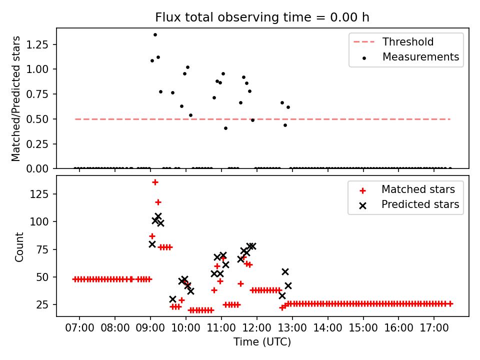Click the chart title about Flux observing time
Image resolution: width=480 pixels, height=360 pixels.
(x=262, y=17)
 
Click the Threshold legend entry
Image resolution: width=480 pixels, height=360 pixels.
(x=408, y=42)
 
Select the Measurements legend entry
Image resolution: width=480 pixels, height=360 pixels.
(x=420, y=57)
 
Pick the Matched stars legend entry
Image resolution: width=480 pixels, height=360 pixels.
(x=418, y=189)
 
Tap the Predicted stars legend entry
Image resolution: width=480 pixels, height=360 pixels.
(x=420, y=204)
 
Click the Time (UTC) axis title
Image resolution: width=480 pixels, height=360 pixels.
(x=262, y=342)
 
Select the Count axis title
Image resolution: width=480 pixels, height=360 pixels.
(x=19, y=246)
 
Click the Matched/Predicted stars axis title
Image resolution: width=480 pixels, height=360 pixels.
(x=16, y=98)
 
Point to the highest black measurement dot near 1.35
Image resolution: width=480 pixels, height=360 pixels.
(x=155, y=34)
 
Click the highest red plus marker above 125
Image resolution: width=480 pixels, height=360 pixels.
(x=155, y=182)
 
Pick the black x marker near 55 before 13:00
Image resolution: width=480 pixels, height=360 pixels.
(x=285, y=271)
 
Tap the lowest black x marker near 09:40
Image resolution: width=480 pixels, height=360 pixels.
(x=173, y=299)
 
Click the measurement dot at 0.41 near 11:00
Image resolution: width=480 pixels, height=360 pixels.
(x=225, y=128)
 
